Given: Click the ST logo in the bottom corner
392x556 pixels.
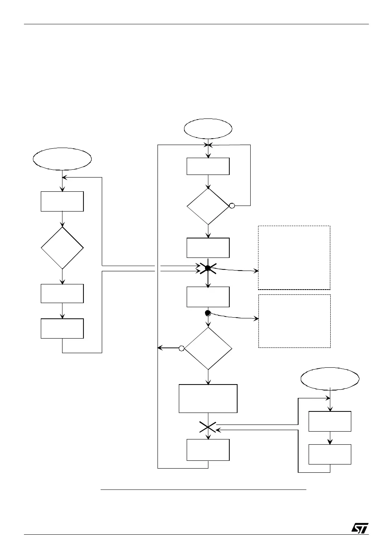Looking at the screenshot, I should pyautogui.click(x=360, y=528).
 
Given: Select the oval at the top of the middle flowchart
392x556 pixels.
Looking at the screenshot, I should pyautogui.click(x=208, y=129).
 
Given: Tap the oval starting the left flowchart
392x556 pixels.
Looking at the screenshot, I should pyautogui.click(x=62, y=158).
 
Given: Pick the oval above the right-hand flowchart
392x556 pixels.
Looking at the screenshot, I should pyautogui.click(x=330, y=379).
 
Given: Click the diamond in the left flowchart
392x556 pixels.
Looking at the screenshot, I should pyautogui.click(x=62, y=248).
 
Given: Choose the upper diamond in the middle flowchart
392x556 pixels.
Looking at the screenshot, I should pyautogui.click(x=208, y=206).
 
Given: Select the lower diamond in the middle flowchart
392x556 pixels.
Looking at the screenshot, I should pyautogui.click(x=208, y=348).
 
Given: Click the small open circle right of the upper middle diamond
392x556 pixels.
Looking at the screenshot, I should pyautogui.click(x=232, y=206).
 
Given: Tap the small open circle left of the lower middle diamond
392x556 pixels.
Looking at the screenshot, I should pyautogui.click(x=181, y=348).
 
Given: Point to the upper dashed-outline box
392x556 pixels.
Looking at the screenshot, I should pyautogui.click(x=294, y=257).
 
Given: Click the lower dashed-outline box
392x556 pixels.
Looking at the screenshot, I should pyautogui.click(x=294, y=321).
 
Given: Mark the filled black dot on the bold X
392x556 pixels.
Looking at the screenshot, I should pyautogui.click(x=208, y=268).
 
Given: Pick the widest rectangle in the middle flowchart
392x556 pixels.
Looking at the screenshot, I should pyautogui.click(x=208, y=398).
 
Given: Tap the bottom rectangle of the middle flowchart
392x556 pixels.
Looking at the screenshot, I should pyautogui.click(x=208, y=450).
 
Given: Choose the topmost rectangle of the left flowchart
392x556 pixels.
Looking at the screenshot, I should pyautogui.click(x=62, y=201).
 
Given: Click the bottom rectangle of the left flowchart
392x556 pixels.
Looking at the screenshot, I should pyautogui.click(x=62, y=328).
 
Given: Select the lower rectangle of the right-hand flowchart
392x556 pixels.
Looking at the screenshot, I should pyautogui.click(x=330, y=454).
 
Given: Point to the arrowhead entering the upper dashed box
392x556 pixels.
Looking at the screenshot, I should pyautogui.click(x=257, y=271).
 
